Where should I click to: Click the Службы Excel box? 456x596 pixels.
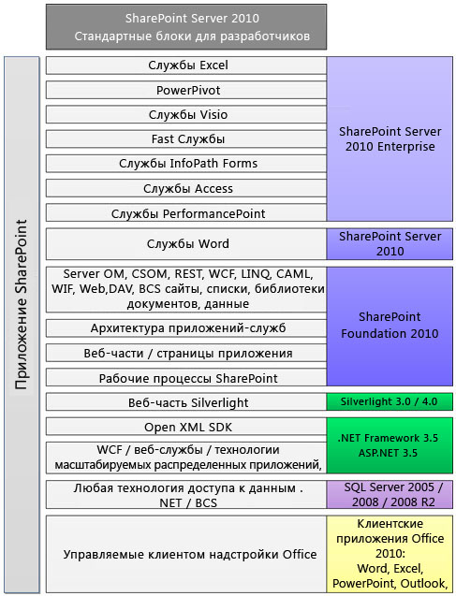coord(186,65)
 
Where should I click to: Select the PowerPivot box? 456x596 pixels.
coord(186,91)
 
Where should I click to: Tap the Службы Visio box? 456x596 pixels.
coord(186,115)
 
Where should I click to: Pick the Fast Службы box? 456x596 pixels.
coord(186,139)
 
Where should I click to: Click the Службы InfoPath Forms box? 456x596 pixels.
coord(186,164)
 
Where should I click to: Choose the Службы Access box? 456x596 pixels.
coord(186,189)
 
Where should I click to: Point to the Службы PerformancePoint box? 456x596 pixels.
coord(186,213)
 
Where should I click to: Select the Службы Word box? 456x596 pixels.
coord(186,243)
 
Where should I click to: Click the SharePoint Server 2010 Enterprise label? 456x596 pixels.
coord(390,139)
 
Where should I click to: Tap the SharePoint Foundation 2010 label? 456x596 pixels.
coord(390,325)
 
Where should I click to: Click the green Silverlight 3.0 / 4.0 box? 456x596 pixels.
coord(390,401)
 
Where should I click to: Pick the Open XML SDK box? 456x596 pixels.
coord(186,427)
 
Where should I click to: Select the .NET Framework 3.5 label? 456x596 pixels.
coord(388,438)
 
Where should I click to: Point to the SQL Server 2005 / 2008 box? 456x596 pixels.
coord(390,495)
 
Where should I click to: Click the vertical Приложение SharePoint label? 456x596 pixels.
coord(22,304)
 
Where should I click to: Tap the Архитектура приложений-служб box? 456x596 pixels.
coord(186,328)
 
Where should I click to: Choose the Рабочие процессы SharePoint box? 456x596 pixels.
coord(186,378)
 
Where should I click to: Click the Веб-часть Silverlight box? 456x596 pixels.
coord(186,402)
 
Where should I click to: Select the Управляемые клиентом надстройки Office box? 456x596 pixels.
coord(186,554)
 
